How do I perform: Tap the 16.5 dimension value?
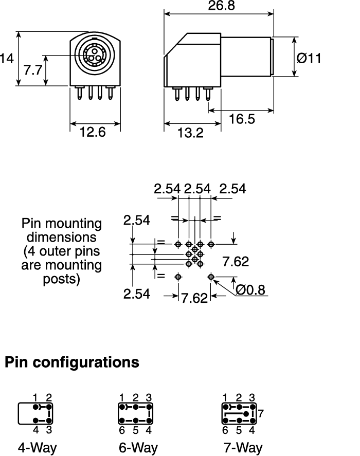[x=242, y=119]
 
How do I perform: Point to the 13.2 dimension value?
[x=190, y=133]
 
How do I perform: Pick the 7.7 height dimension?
[x=33, y=70]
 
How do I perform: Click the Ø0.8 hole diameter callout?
[x=250, y=290]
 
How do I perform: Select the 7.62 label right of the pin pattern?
[x=236, y=262]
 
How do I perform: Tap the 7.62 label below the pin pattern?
[x=194, y=298]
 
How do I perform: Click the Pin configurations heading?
[x=72, y=362]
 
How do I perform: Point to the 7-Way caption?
[x=242, y=447]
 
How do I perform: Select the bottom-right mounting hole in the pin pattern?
[x=211, y=277]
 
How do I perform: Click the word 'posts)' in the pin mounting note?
[x=61, y=279]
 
